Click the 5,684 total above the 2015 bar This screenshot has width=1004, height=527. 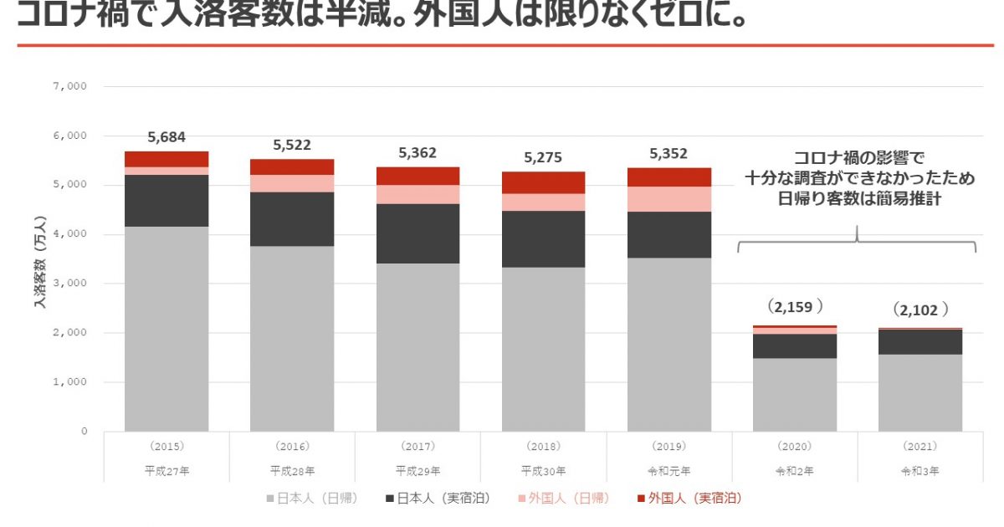pos(166,137)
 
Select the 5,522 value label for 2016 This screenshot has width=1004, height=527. pos(292,145)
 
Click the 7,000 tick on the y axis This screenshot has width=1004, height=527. pos(74,86)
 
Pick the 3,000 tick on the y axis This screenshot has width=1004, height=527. pos(74,284)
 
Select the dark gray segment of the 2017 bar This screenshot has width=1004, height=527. pos(417,233)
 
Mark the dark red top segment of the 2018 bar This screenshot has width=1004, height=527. pos(543,182)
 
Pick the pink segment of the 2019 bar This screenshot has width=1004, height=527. pos(668,199)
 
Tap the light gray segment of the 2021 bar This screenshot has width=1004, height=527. pos(919,392)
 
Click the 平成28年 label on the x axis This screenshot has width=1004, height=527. pos(292,471)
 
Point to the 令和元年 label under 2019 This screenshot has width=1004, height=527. pos(668,471)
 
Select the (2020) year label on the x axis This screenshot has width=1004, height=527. pos(794,447)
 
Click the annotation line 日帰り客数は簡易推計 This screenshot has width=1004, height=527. pos(858,201)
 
